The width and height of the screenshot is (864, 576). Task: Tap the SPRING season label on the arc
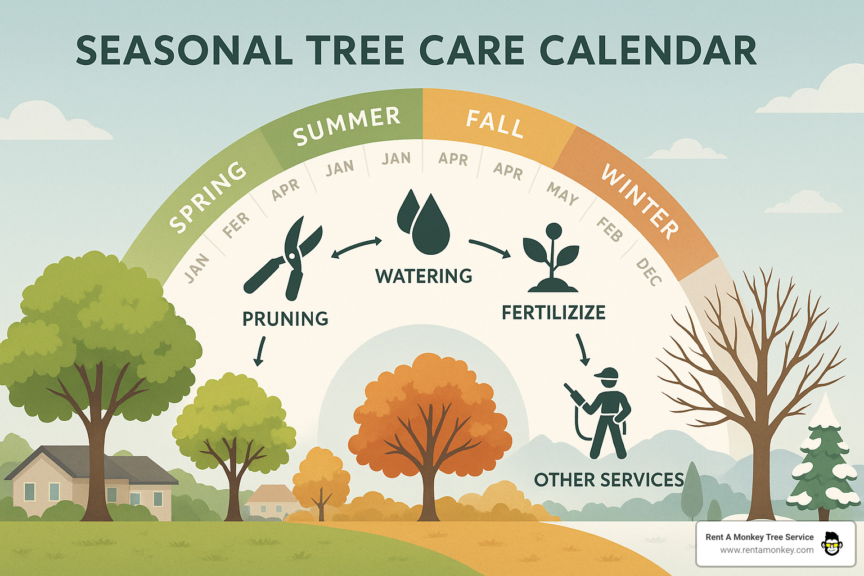click(x=208, y=197)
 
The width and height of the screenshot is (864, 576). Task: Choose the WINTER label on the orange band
click(x=640, y=200)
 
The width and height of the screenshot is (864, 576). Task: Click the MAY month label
click(x=562, y=194)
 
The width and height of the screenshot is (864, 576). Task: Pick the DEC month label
click(x=649, y=272)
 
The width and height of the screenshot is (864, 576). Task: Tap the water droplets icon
click(x=424, y=223)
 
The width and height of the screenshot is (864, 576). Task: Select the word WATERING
click(x=424, y=276)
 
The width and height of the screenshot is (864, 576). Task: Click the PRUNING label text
click(x=285, y=319)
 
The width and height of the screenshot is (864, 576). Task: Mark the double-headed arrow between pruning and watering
click(x=357, y=247)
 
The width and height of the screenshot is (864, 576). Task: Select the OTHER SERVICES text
click(x=609, y=480)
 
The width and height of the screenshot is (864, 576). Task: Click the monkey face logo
click(x=831, y=544)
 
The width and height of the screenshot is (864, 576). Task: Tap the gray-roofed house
click(x=90, y=481)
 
